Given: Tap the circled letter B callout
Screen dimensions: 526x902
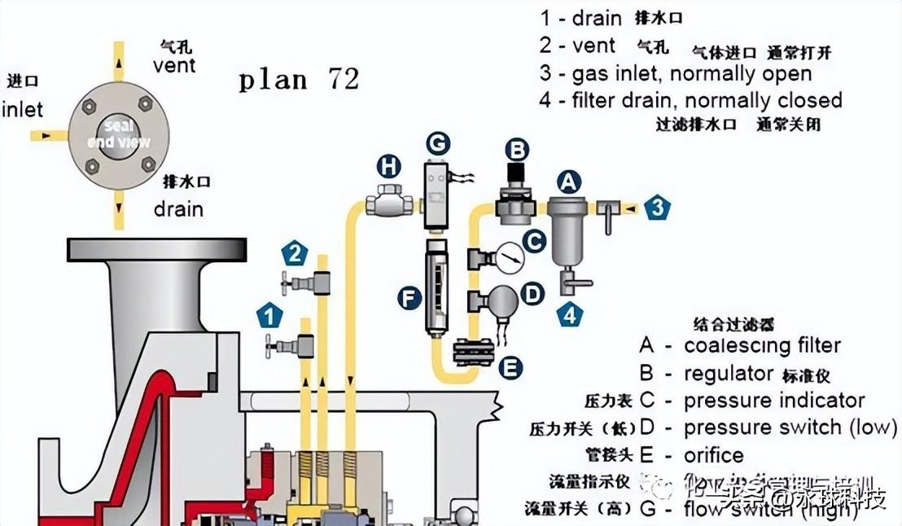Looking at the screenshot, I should pos(517,149).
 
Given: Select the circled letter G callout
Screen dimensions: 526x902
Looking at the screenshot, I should pos(438,144).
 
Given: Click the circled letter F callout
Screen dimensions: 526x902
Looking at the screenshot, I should pos(409,297).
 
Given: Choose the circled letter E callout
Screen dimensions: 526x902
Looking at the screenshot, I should pos(510,368).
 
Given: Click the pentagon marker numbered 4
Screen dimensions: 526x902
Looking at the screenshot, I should pos(571,313).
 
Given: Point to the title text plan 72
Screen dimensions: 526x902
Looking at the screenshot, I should pos(299,80).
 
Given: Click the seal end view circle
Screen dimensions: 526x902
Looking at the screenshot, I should pos(119,134).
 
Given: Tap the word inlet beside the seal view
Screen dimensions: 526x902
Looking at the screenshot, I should pos(22,109).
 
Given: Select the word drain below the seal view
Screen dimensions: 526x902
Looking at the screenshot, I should pos(178,208).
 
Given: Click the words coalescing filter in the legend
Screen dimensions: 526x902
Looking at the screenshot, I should pos(762,345).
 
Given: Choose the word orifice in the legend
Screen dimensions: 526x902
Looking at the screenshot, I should pos(714,455).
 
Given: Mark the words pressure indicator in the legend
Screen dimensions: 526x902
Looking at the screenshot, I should pos(773,401).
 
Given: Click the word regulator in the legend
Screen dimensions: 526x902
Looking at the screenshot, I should pos(729,374).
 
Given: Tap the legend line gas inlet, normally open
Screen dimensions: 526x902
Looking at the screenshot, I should pos(676,73).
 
